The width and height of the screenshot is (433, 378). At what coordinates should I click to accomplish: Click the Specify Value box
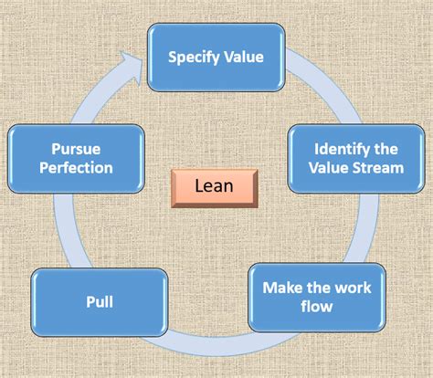[x=216, y=58]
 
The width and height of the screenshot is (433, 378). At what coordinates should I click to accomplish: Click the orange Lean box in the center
[x=215, y=187]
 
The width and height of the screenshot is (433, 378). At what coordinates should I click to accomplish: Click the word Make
[x=278, y=288]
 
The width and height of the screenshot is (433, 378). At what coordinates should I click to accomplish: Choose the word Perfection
[x=77, y=167]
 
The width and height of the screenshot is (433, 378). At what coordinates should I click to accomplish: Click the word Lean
[x=215, y=187]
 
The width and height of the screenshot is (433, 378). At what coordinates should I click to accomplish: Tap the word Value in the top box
[x=243, y=58]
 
